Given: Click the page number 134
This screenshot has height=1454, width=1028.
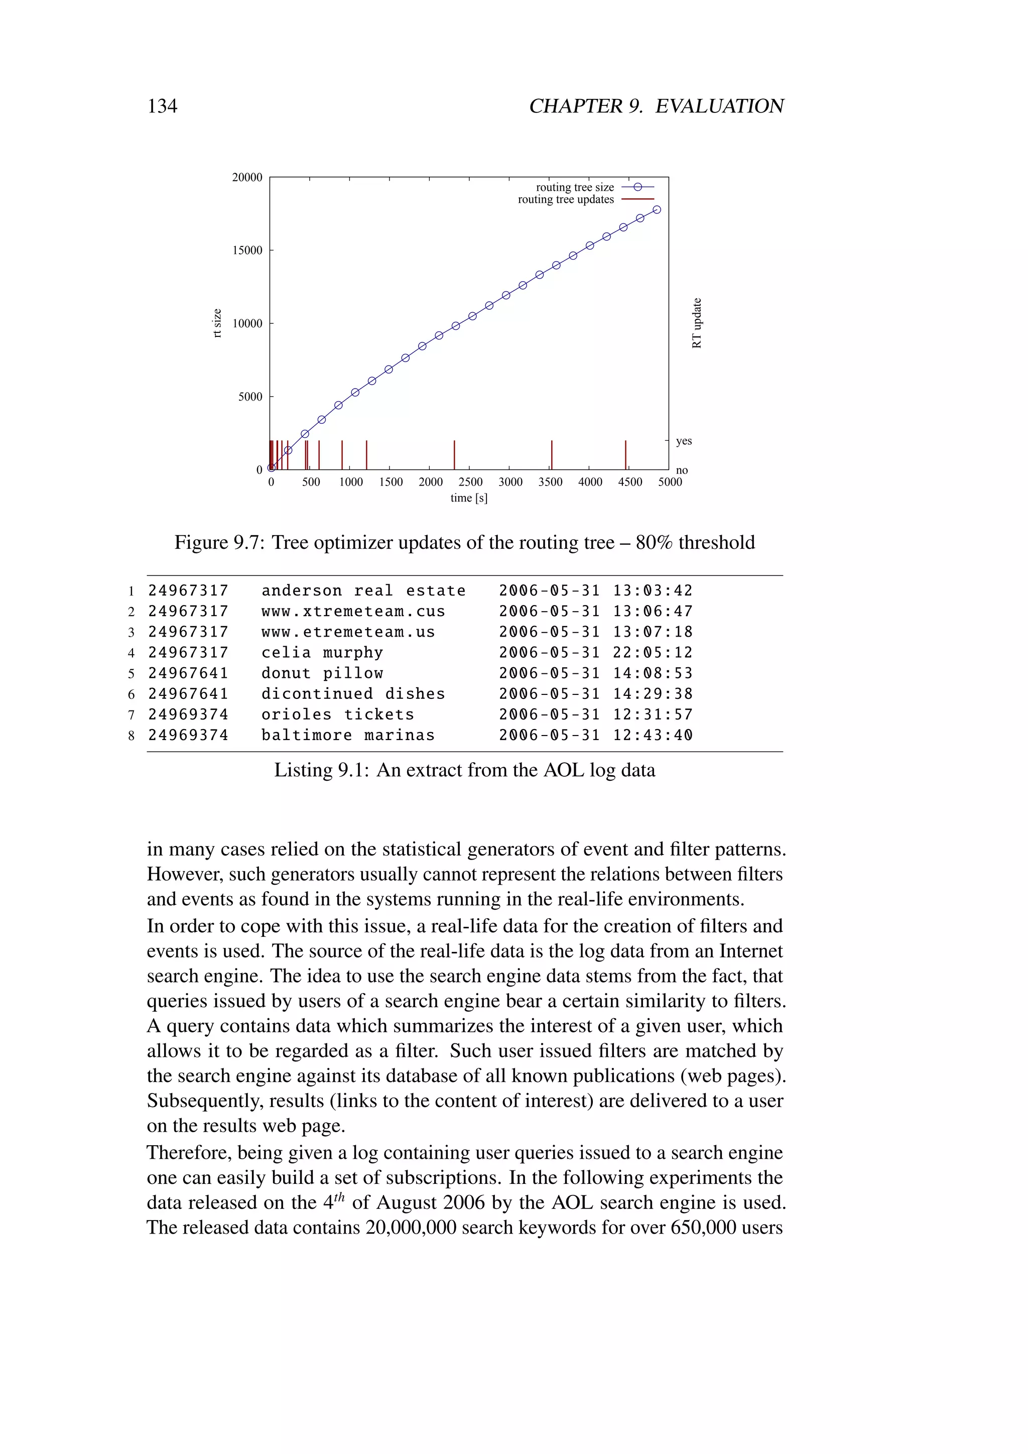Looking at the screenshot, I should [x=162, y=106].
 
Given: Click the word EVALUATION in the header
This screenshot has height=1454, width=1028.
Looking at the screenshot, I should [x=719, y=106].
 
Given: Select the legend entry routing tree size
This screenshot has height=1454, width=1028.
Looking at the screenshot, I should [x=575, y=187].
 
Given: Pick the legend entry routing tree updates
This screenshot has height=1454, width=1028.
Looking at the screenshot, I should [x=565, y=199].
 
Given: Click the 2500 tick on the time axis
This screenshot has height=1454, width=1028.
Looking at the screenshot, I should [x=470, y=482].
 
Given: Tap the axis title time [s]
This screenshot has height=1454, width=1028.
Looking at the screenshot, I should [x=468, y=498].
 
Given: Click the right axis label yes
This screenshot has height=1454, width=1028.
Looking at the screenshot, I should [x=684, y=441].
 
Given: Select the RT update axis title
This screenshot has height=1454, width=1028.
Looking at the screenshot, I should [x=697, y=323].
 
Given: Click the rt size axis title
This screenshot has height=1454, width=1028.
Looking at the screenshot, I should [x=217, y=323].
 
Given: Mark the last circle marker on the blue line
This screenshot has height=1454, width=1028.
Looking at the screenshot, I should [x=657, y=209].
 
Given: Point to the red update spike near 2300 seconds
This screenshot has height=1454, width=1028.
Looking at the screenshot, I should [x=454, y=455].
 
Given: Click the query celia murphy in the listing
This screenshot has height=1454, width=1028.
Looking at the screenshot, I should [x=322, y=652].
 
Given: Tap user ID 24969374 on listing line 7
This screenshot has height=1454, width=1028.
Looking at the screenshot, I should [x=188, y=714].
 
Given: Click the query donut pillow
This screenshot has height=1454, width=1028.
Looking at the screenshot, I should [x=322, y=673].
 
